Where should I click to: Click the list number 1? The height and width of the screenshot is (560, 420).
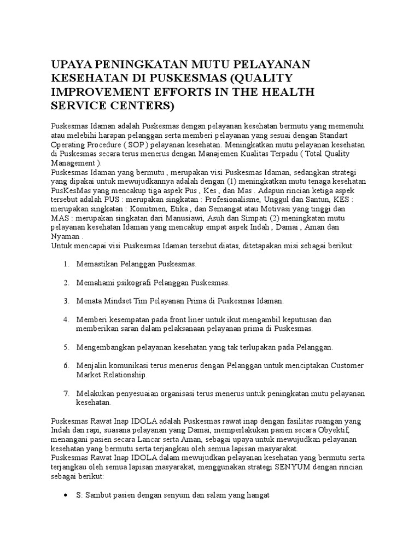(x=66, y=265)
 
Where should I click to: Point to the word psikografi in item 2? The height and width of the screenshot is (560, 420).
(x=127, y=283)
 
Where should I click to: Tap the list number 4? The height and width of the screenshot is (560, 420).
(x=66, y=320)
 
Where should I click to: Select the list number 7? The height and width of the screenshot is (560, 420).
(x=66, y=393)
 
